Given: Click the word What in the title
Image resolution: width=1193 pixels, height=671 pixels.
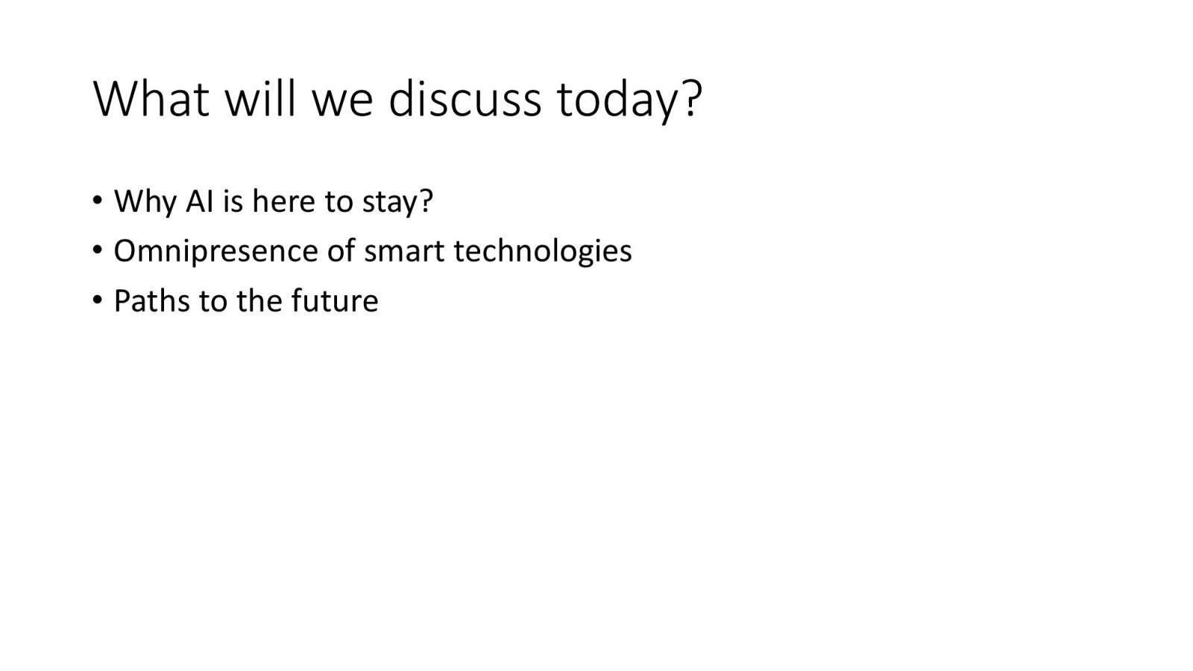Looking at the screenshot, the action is pos(151,98).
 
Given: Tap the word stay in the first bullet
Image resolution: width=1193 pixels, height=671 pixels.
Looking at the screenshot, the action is pos(391,204).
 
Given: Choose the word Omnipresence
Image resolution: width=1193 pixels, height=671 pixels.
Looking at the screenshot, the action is pos(215,252).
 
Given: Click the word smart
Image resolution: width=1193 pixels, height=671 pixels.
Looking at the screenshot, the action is pos(404,252).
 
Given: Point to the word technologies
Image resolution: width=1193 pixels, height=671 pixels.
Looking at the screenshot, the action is pos(543,252).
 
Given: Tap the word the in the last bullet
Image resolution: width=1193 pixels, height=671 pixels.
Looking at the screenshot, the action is pos(259,301).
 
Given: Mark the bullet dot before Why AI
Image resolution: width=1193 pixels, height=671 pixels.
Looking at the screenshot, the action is pos(97,201).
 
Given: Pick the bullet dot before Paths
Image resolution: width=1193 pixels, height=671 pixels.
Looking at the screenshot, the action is pos(97,300).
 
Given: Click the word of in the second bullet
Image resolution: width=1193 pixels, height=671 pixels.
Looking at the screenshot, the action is pos(341,251).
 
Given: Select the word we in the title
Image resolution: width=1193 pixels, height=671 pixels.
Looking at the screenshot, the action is pos(342,103).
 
